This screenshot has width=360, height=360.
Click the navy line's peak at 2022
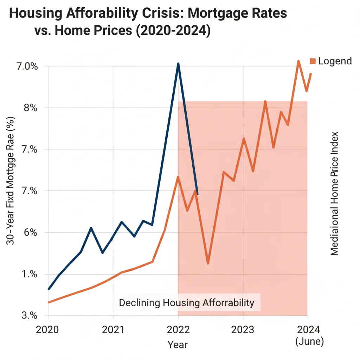178,64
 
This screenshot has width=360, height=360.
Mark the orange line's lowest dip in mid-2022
208,263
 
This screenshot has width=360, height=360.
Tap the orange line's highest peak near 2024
298,61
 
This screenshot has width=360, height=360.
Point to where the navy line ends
198,194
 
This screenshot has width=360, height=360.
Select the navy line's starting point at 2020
49,289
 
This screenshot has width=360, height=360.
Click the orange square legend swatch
313,61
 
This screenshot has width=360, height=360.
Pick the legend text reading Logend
335,61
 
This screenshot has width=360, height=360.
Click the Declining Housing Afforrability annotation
186,303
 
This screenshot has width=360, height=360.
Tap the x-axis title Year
178,345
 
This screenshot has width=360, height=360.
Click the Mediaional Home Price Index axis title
334,194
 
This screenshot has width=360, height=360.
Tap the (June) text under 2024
309,341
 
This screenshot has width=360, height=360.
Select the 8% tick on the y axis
31,108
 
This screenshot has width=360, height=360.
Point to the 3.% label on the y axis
30,316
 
